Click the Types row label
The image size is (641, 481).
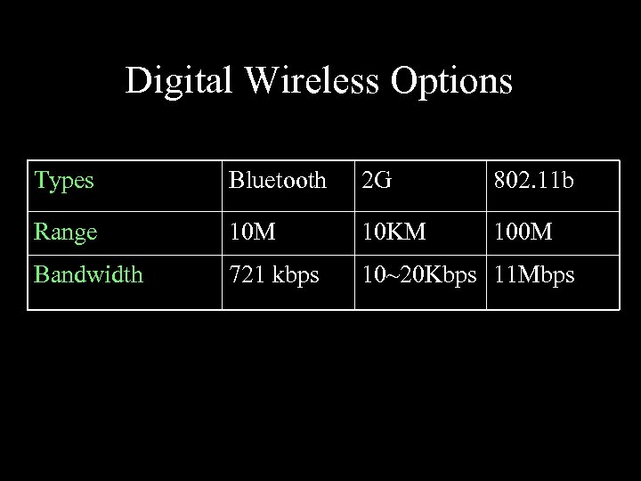[64, 181]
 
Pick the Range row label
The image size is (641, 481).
[64, 232]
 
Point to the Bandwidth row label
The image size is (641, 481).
[88, 274]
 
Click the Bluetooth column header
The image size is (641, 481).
[277, 181]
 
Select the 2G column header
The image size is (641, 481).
[376, 181]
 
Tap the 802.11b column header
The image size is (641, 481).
[534, 181]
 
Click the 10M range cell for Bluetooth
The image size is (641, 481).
[252, 232]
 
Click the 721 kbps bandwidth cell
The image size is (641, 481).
[273, 274]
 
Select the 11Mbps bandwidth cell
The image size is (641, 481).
[534, 274]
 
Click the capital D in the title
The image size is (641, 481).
[137, 81]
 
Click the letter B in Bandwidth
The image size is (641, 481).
[41, 274]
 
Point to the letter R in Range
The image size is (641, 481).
[41, 232]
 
